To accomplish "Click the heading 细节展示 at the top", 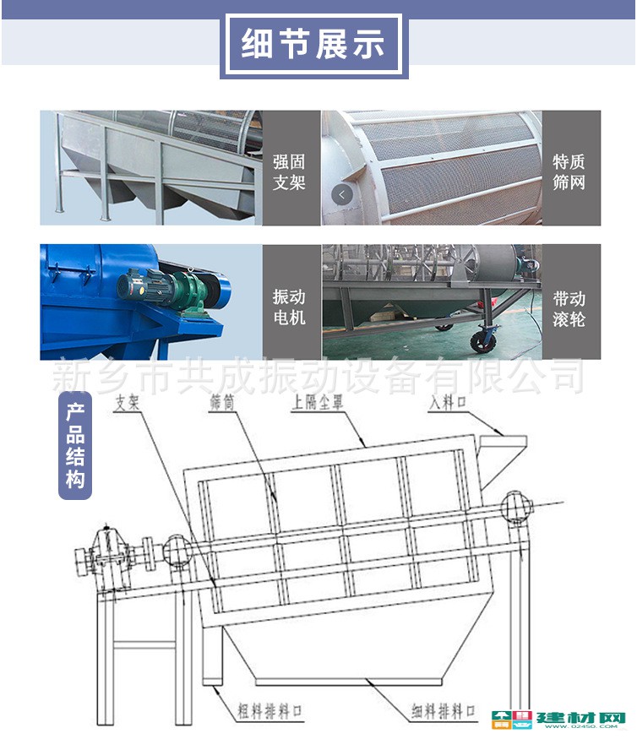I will [313, 43].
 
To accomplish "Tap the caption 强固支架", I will [289, 171].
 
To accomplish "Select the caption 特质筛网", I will [569, 171].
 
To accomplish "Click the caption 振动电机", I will [289, 308].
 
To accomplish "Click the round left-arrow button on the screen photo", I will [342, 194].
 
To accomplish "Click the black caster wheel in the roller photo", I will [482, 342].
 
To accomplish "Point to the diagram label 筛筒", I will [221, 404].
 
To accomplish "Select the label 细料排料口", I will [444, 713].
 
